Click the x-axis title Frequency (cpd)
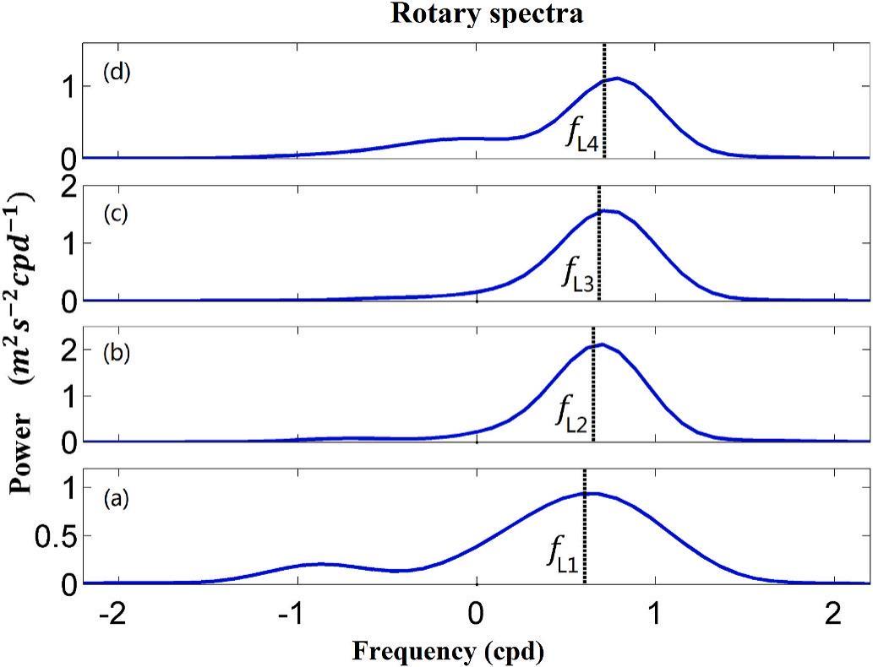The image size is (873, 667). (x=448, y=650)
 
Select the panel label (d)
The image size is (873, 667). (x=116, y=72)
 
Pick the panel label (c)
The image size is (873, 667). (x=116, y=214)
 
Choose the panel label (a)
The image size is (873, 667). (x=116, y=498)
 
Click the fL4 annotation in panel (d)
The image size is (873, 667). (x=583, y=138)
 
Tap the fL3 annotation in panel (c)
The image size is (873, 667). (x=580, y=276)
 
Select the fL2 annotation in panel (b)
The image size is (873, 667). (x=572, y=414)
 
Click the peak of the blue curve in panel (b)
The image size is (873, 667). (x=599, y=344)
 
